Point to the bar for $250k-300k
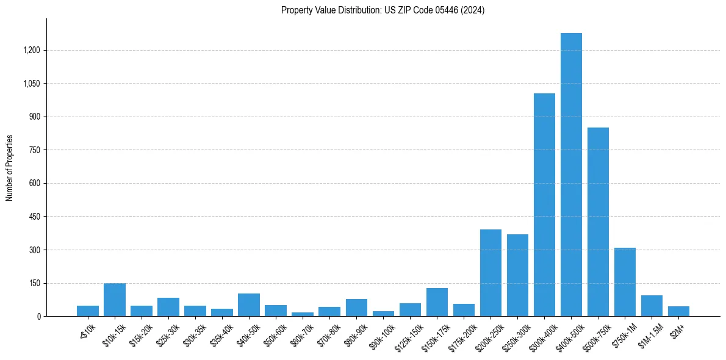(517, 275)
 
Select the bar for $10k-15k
(115, 300)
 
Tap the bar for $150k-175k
(437, 302)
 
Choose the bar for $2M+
(678, 311)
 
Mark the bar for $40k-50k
(249, 305)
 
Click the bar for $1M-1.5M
(652, 306)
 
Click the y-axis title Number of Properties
(9, 168)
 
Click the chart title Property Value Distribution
(383, 10)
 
